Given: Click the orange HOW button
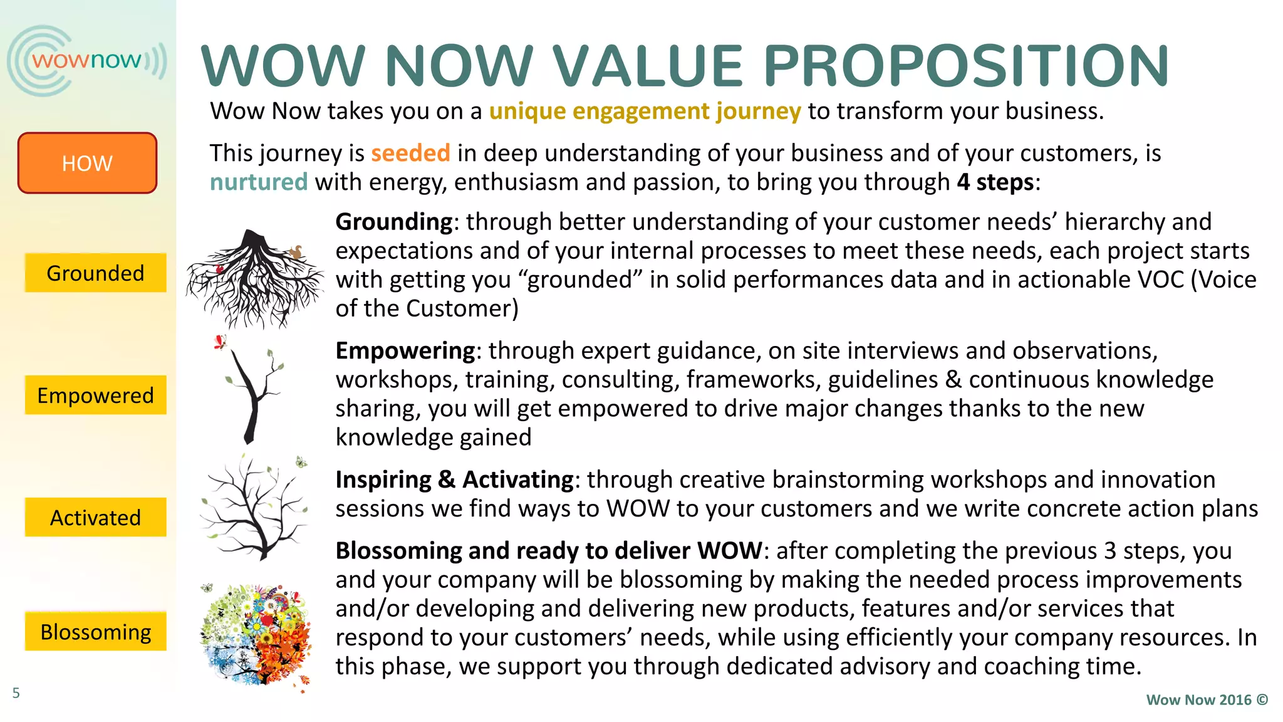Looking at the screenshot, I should (87, 163).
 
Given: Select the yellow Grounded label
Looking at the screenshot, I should (95, 273).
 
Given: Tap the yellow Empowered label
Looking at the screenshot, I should (95, 395).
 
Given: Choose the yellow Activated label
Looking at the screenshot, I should (95, 517).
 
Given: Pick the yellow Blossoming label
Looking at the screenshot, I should (95, 631).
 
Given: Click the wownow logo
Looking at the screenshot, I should (86, 61).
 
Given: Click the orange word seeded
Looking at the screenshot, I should (410, 153).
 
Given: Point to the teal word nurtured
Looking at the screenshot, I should (259, 182).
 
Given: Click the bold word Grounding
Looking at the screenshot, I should (394, 222).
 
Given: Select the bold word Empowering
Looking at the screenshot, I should (405, 350).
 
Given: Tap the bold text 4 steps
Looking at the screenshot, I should (995, 182).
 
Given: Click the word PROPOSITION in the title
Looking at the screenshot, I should (965, 66).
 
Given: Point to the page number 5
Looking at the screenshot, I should (16, 693).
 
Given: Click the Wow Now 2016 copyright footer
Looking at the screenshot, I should (1207, 700).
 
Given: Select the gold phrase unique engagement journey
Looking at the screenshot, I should (645, 111).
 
